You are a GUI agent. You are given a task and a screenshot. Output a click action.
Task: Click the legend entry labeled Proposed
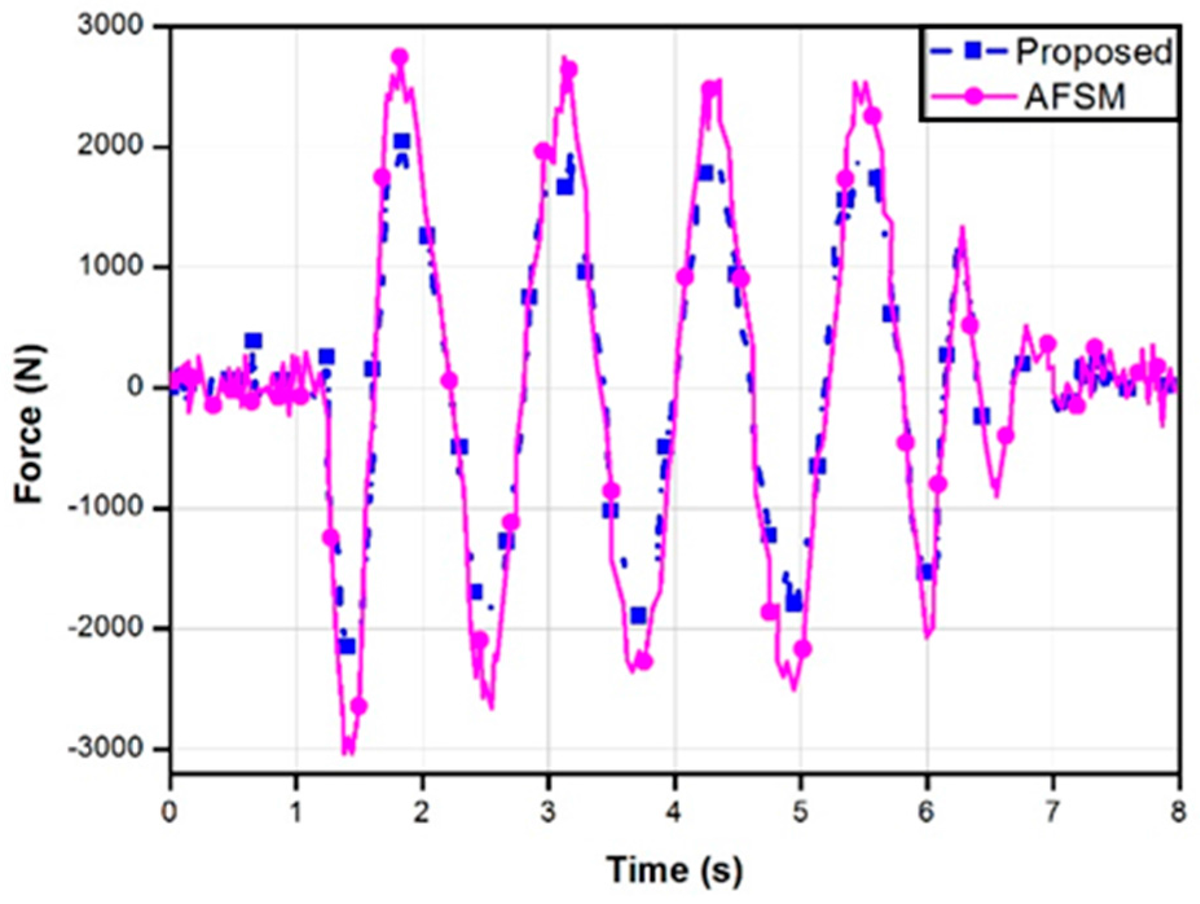1093,52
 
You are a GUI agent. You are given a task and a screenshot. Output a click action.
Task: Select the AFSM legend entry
1075,97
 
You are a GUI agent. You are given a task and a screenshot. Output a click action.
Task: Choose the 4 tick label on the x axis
674,811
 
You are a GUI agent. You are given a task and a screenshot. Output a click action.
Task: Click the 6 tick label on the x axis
926,811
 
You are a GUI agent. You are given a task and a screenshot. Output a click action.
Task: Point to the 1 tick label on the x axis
296,811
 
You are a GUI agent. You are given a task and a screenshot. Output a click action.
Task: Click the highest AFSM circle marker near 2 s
400,57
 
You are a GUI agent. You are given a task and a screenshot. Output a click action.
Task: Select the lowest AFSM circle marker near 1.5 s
358,707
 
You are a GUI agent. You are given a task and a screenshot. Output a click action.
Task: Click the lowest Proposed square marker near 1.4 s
347,646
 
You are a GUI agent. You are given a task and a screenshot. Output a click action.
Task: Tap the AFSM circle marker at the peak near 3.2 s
569,69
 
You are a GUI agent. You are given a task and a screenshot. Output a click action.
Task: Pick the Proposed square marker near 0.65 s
253,341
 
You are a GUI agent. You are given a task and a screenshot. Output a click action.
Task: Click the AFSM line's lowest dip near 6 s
928,635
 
